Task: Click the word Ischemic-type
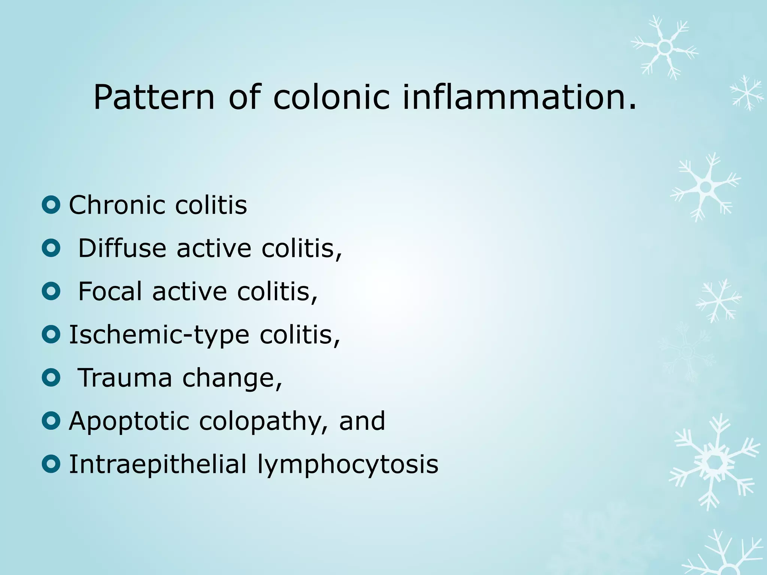[159, 335]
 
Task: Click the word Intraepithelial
[158, 465]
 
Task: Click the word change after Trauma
[232, 378]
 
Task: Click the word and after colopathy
[362, 421]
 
